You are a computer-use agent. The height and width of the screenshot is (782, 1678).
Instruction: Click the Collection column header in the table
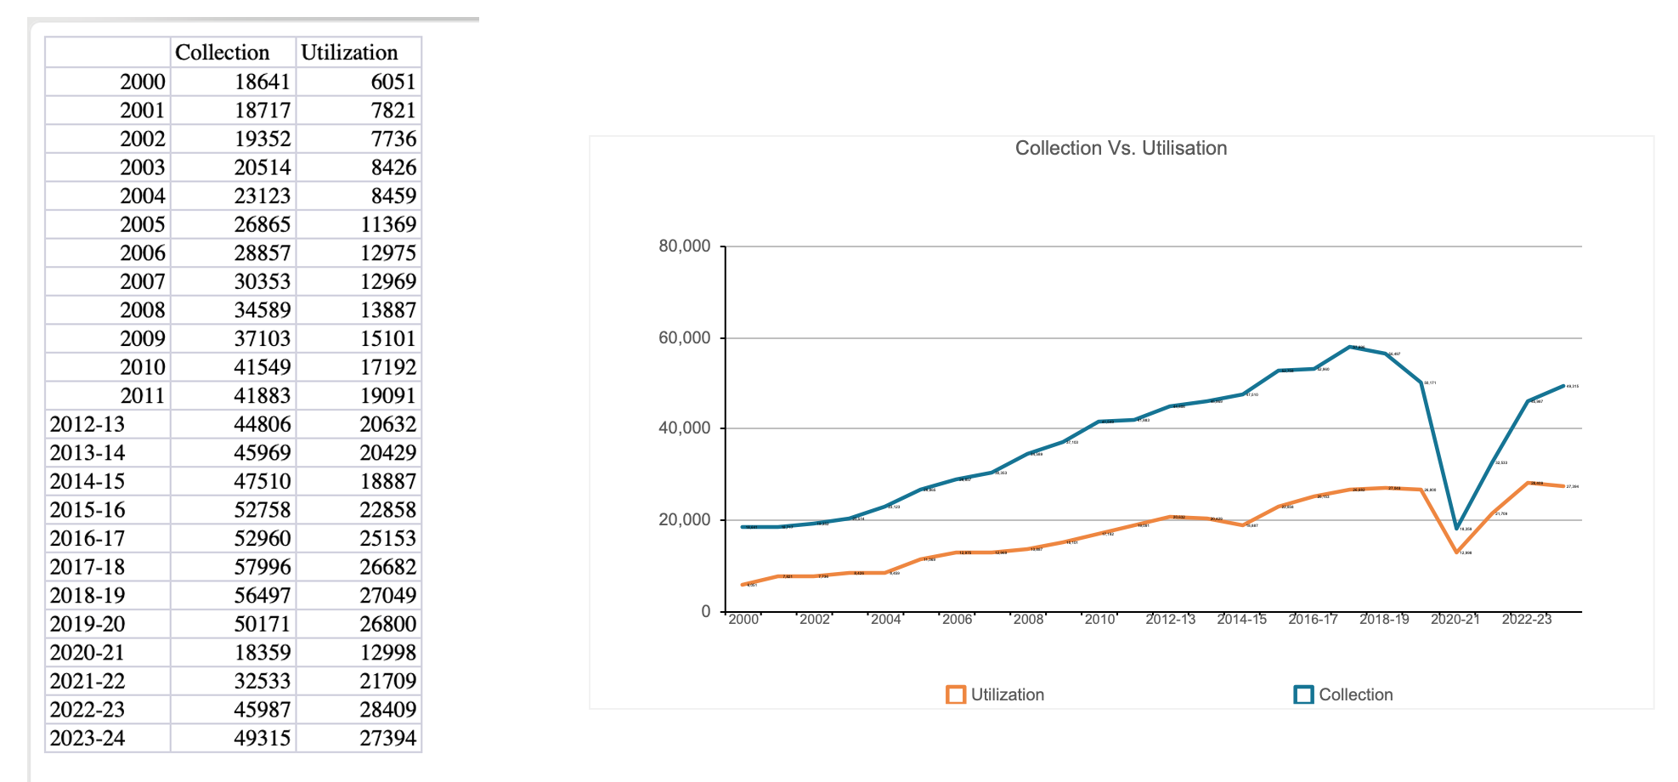(x=222, y=53)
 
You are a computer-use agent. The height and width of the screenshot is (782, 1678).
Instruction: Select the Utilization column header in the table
(x=349, y=53)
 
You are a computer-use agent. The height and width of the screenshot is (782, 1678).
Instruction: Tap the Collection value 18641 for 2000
(x=263, y=82)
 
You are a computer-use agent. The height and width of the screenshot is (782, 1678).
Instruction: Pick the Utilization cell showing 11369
(x=388, y=224)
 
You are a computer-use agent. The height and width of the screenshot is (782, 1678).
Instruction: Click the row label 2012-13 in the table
(x=88, y=424)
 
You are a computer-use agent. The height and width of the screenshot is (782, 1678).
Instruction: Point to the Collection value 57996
(x=263, y=567)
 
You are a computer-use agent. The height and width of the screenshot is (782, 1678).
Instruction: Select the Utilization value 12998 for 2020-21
(x=388, y=653)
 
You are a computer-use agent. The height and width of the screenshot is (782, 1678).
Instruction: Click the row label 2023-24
(x=88, y=739)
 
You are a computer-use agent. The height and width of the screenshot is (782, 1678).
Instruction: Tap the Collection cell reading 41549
(x=263, y=367)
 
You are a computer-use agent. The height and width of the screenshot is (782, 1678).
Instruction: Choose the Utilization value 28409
(x=388, y=710)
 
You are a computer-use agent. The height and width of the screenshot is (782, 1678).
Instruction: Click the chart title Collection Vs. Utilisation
(x=1121, y=148)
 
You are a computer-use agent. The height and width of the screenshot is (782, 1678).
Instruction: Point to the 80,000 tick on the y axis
(x=684, y=246)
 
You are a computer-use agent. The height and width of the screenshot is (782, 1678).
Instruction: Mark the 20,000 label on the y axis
(x=684, y=519)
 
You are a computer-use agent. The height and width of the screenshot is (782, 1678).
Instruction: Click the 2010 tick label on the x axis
(x=1099, y=620)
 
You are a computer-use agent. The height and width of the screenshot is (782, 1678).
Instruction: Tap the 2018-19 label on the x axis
(x=1384, y=620)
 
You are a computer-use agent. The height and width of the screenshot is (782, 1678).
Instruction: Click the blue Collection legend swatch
(x=1303, y=694)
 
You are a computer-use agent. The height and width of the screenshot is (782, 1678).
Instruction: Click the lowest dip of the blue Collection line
(x=1457, y=528)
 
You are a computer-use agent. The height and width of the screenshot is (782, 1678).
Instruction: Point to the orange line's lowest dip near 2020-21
(x=1457, y=552)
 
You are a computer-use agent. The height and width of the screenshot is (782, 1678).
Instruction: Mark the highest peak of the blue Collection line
(x=1349, y=347)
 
